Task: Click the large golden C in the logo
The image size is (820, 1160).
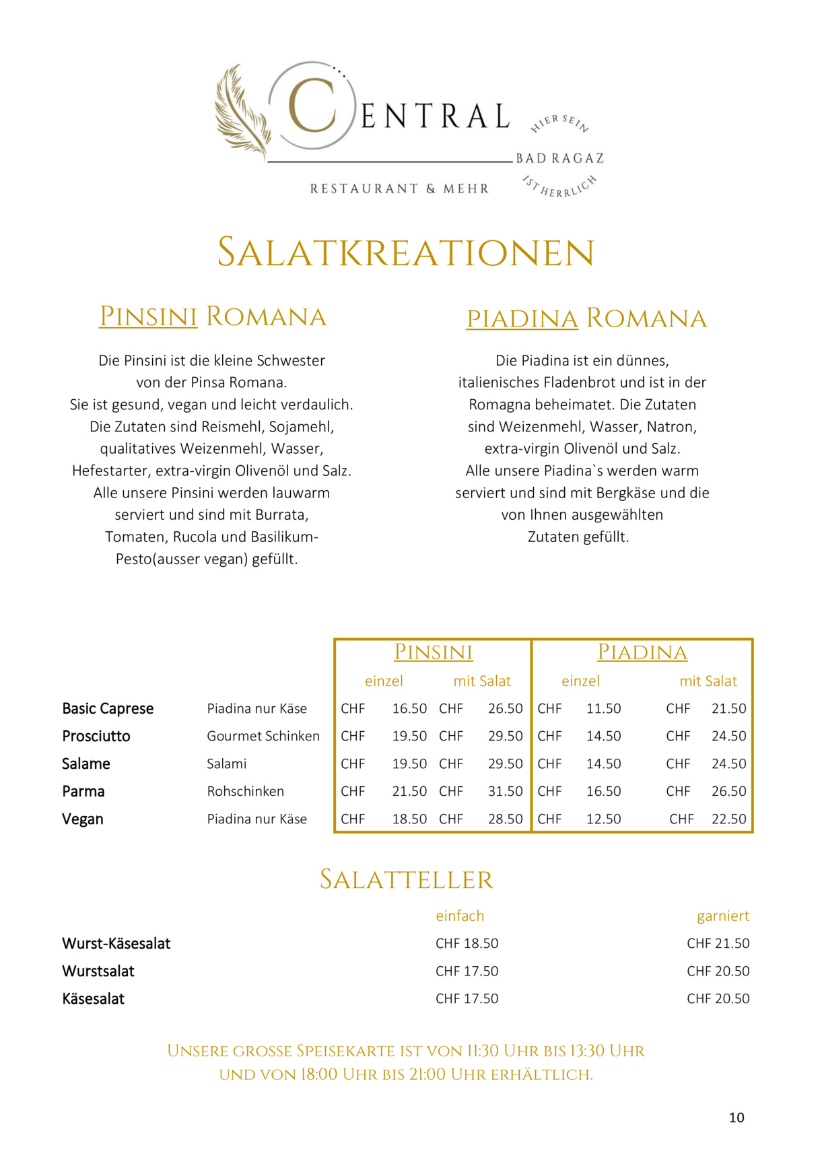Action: [x=312, y=106]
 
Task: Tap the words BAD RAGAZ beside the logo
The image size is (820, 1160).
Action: [x=559, y=159]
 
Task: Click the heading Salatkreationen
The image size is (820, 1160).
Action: [x=406, y=253]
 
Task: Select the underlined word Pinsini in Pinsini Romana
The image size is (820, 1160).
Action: [x=148, y=316]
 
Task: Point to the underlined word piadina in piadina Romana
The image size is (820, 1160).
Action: [x=522, y=318]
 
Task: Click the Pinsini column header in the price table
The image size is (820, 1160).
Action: [x=433, y=652]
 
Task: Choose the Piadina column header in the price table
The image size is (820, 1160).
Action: [x=642, y=652]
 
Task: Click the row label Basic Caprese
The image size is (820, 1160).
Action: [x=108, y=709]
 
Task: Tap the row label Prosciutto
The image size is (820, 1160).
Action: [x=96, y=737]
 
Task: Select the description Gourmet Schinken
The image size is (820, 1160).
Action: [x=263, y=737]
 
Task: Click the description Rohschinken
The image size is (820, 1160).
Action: [x=245, y=792]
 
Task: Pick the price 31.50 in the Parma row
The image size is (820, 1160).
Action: [x=505, y=792]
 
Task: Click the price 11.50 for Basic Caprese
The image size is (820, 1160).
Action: [x=603, y=709]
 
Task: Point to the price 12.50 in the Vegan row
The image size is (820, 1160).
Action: [x=603, y=819]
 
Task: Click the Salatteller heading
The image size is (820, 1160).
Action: [x=406, y=880]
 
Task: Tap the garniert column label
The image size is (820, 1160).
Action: [x=722, y=916]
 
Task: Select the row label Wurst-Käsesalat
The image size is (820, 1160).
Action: [x=116, y=944]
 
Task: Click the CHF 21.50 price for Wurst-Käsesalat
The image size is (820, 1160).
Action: [x=718, y=944]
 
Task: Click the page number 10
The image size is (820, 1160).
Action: [x=737, y=1118]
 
